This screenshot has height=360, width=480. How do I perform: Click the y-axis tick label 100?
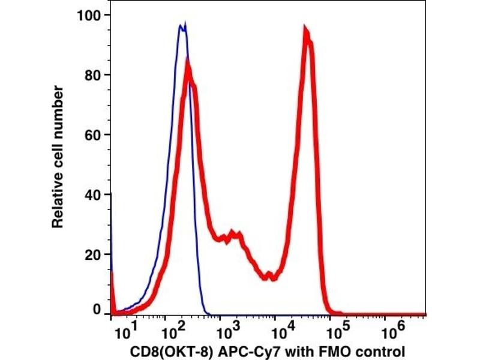coord(90,14)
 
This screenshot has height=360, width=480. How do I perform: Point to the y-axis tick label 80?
coord(94,75)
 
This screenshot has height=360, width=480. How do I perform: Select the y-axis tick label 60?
coord(94,134)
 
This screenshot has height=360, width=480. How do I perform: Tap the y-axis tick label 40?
coord(94,194)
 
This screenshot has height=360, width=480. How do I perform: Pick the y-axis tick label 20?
coord(94,254)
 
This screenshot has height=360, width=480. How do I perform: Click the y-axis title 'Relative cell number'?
coord(58,157)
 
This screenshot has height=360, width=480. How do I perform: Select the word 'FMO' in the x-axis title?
coord(331,350)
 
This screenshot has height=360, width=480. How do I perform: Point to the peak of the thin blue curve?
coord(183,25)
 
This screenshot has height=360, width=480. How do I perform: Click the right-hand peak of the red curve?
coord(306,31)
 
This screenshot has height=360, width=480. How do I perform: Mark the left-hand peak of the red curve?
coord(188,61)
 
